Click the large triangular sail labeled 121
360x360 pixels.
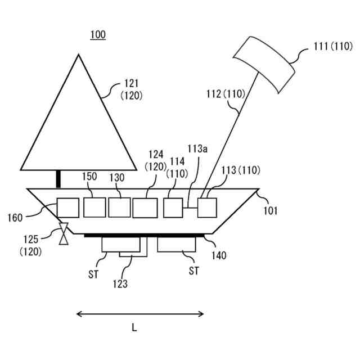coord(79,124)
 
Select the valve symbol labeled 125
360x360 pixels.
coord(64,233)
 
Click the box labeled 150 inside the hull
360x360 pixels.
coord(94,207)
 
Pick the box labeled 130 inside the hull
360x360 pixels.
coord(119,207)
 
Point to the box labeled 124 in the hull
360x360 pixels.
coord(146,208)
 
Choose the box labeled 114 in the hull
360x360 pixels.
coord(173,208)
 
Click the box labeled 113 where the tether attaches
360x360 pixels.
coord(206,208)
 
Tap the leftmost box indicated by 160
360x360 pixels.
coord(68,208)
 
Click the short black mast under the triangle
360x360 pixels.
coord(58,179)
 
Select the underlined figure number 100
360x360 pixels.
coord(98,35)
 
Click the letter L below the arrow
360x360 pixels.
coord(134,328)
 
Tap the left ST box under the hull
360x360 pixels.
coord(120,244)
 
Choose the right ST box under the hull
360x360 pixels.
coord(177,244)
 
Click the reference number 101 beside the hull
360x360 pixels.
coord(270,211)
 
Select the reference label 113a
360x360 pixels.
coord(197,149)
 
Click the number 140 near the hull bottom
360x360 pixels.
coord(219,255)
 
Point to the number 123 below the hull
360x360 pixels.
coord(120,284)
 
